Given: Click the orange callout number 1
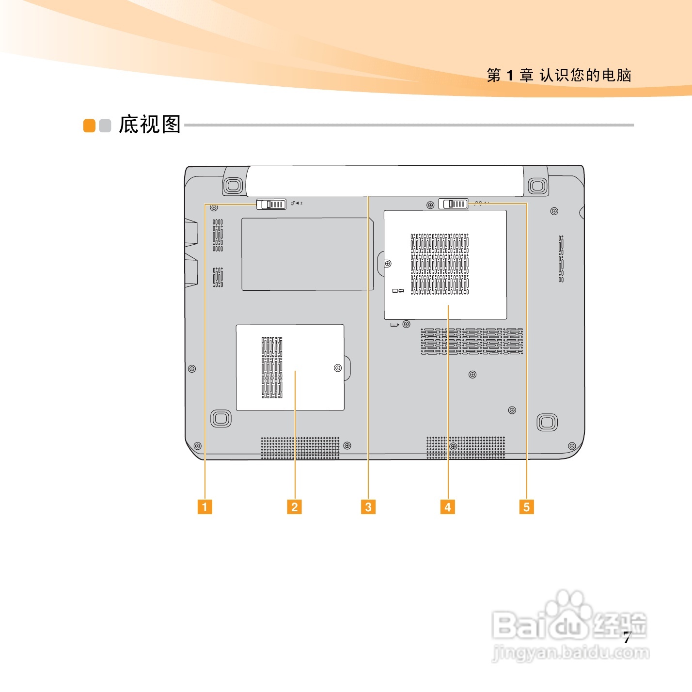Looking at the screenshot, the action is (204, 507).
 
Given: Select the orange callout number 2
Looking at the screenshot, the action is (294, 507).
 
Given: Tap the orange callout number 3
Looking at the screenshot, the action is (368, 507).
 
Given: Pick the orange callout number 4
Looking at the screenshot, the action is (447, 507).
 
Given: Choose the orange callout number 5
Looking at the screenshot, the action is (526, 507).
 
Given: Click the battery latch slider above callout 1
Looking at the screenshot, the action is (271, 204).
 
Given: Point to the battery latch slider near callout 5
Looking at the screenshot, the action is (454, 204).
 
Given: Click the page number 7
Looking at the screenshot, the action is (627, 638).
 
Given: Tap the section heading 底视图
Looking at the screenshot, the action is (150, 125).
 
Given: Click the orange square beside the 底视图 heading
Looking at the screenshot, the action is (89, 126).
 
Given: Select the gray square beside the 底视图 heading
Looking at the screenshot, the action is (105, 126).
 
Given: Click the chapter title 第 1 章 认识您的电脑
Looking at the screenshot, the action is (559, 76).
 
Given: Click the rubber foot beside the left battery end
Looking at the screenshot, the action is (234, 185).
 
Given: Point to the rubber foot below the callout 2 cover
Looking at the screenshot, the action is (221, 418).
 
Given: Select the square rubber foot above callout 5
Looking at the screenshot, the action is (547, 422).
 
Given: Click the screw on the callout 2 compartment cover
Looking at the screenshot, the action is (338, 368).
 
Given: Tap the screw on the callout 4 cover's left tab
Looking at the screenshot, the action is (387, 264).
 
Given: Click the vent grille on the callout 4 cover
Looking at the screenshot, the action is (440, 264).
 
